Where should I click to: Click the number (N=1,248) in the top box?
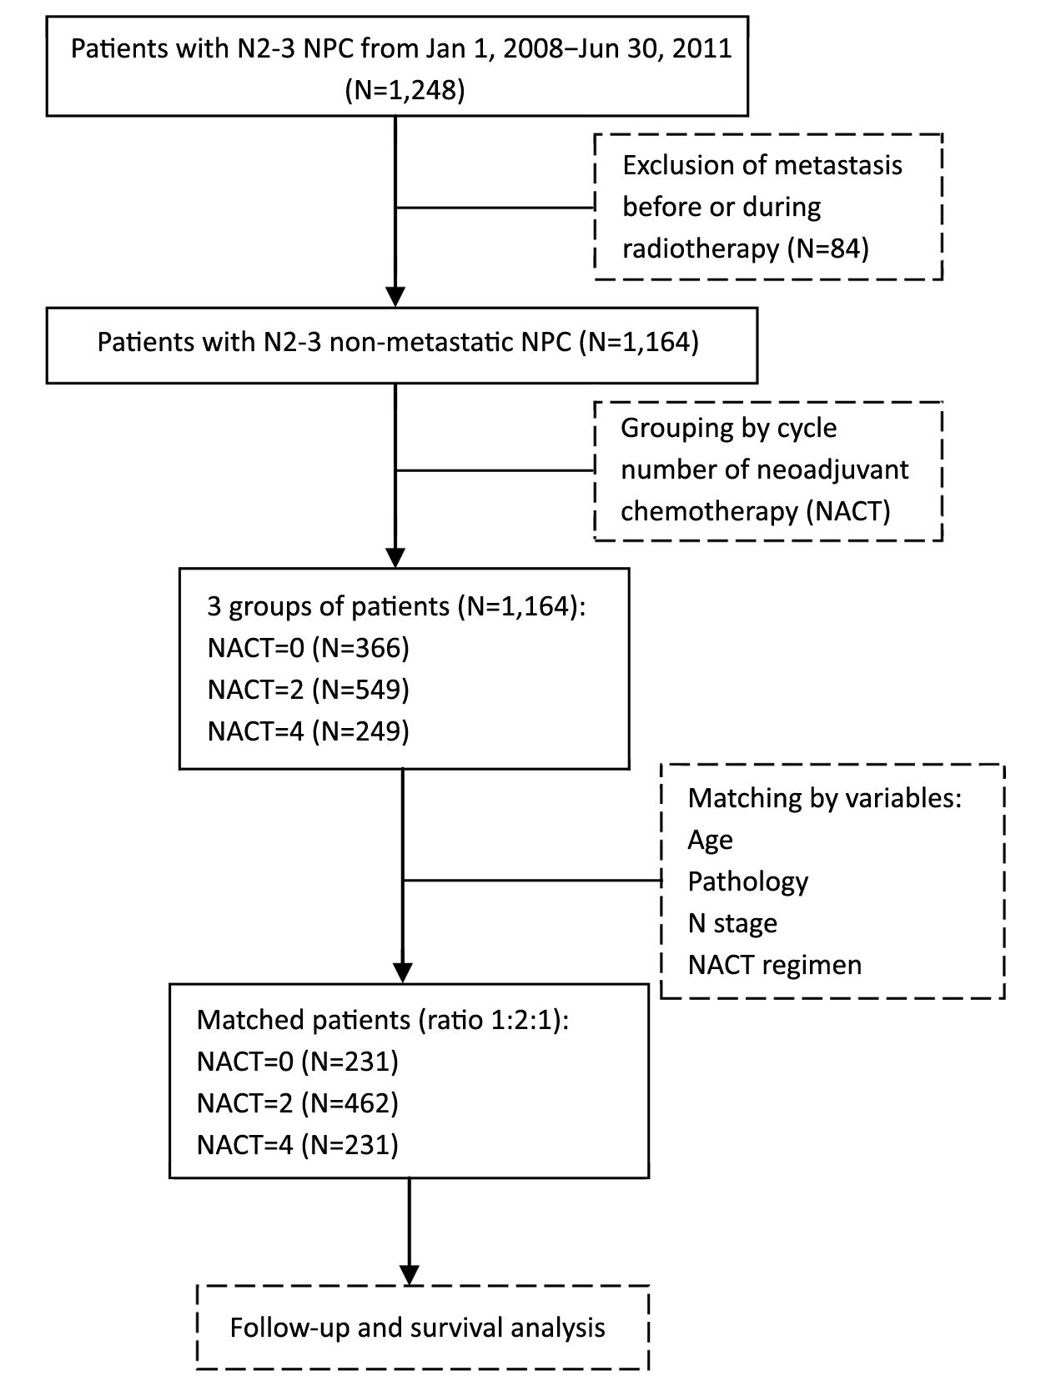click(x=405, y=90)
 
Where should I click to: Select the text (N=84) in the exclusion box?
click(x=827, y=249)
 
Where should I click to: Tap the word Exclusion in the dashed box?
click(x=692, y=165)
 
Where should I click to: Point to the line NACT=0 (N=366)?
click(x=309, y=647)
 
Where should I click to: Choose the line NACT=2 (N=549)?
click(x=309, y=690)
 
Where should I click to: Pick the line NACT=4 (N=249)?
click(x=309, y=731)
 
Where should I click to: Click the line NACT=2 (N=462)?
click(x=298, y=1103)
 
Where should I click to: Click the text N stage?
click(x=732, y=923)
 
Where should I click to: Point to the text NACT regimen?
click(x=775, y=965)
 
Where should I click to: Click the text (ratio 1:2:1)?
click(x=494, y=1020)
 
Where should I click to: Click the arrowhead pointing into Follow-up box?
click(x=409, y=1275)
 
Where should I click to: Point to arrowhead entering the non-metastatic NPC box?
click(x=395, y=297)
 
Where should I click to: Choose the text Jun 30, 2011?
click(x=655, y=48)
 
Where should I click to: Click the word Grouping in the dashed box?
click(x=676, y=429)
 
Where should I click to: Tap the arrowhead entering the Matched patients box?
click(x=402, y=973)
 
